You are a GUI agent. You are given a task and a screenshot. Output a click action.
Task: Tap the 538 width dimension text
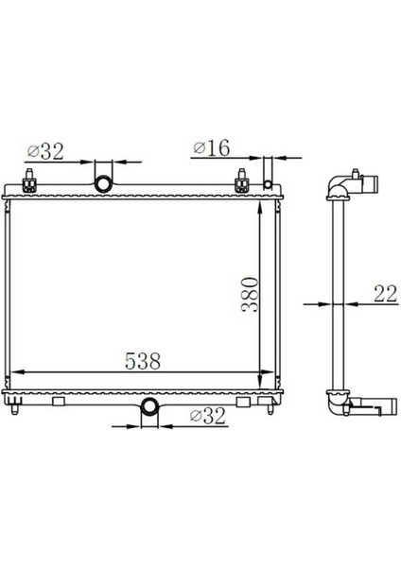141,360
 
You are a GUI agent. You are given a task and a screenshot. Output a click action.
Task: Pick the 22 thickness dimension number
384,294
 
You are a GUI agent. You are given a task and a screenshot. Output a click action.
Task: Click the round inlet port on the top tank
102,180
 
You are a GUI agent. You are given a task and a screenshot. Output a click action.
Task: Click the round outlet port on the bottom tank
149,406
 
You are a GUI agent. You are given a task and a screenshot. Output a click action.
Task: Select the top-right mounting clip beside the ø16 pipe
242,179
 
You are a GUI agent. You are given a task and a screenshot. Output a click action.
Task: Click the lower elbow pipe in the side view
338,404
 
